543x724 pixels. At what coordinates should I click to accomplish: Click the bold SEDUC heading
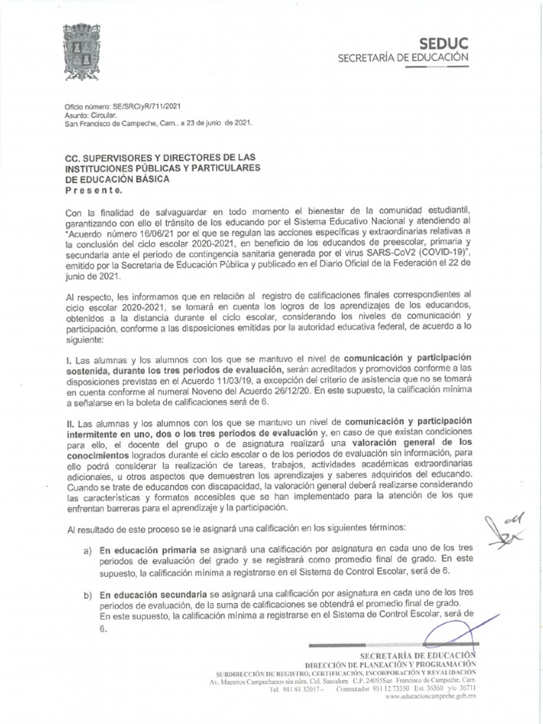pyautogui.click(x=449, y=44)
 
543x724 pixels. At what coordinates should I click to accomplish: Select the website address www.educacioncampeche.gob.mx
pyautogui.click(x=431, y=697)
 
